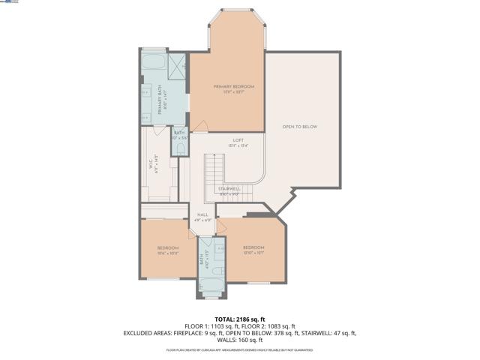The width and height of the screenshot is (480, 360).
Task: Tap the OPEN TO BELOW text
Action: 300,127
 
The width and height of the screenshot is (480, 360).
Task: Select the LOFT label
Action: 238,140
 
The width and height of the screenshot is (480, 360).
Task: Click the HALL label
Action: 202,214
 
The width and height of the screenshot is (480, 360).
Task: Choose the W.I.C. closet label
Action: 156,165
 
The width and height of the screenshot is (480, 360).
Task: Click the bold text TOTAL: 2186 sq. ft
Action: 239,319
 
